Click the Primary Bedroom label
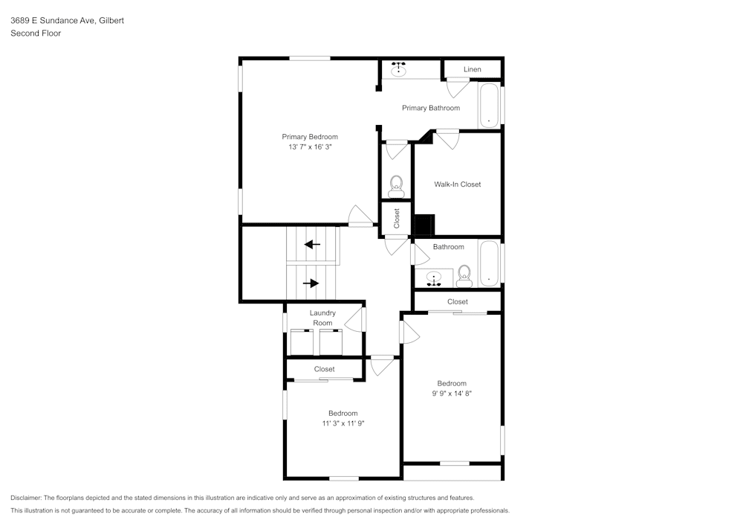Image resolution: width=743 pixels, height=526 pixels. coord(309,137)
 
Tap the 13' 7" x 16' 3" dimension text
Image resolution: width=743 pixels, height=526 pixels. coord(309,147)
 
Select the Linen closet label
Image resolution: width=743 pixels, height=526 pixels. coord(472,69)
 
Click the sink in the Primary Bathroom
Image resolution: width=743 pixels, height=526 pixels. coord(399,71)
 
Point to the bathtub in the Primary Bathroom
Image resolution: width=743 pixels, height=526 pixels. coord(489,106)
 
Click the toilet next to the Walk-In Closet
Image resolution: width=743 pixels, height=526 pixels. coord(396,185)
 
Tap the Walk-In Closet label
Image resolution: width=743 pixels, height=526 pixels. coord(457,185)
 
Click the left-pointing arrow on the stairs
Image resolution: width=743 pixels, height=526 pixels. coord(312,244)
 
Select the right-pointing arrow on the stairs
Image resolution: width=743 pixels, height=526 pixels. coord(311,283)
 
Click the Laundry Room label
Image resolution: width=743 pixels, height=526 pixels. coord(322,318)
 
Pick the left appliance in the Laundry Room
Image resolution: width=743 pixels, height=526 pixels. coord(302,342)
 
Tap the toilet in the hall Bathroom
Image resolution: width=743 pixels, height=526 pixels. coord(464,275)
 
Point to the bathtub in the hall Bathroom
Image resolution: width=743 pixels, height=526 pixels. coord(489,263)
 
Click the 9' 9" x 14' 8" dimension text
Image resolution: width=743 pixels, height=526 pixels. coord(451,394)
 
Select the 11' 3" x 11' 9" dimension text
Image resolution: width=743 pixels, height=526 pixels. coord(343,423)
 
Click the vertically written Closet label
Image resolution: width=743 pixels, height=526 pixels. coord(397,218)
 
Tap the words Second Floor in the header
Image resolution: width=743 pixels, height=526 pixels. coord(36,33)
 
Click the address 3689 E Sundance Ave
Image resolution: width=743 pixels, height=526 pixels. coord(52,21)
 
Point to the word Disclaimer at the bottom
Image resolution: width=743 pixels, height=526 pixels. coord(26,498)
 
